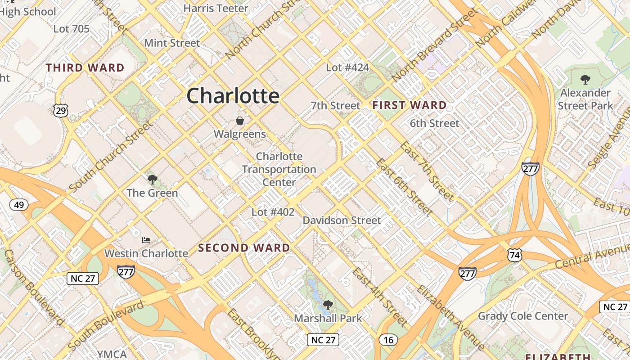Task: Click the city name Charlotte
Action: [233, 96]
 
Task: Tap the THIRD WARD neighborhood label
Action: [85, 68]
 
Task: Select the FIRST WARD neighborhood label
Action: [409, 105]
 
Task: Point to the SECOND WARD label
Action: [244, 248]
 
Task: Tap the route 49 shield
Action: [19, 205]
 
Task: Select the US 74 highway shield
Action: [514, 255]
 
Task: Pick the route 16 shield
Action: [388, 340]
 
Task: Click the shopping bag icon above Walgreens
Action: [240, 121]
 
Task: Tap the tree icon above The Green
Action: [153, 180]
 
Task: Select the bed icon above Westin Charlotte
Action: [146, 240]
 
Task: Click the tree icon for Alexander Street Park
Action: [585, 80]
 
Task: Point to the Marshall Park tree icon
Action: [328, 305]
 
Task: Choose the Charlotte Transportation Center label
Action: [279, 169]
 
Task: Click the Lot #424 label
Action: [347, 67]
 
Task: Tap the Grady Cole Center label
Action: [523, 316]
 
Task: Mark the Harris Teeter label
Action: [216, 8]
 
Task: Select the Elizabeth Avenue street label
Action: [450, 317]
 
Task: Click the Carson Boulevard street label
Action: [34, 288]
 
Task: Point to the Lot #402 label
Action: [273, 212]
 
